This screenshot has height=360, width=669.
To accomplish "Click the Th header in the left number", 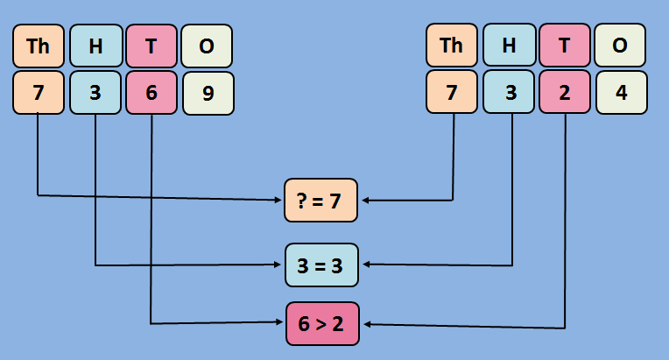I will pos(39,46).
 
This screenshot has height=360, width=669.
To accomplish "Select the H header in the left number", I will pos(95,46).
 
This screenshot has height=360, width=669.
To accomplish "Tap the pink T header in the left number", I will pos(151,46).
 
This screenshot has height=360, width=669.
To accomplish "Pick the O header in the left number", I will pos(208,46).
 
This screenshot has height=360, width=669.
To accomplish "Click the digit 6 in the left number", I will pos(151,93).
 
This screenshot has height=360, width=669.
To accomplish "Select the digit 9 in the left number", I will pos(208,93).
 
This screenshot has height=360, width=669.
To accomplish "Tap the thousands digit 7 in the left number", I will pos(39,93).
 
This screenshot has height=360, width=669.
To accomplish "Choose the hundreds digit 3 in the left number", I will pos(95,93).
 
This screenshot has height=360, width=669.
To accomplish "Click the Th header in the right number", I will pos(452,46).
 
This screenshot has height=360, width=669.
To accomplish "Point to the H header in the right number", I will pos(509,46).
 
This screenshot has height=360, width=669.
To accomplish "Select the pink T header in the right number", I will pos(565,46).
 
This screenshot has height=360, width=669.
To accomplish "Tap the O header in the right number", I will pos(621,46).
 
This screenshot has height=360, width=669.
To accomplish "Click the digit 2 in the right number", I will pos(565,93).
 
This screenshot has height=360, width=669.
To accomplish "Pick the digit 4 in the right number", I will pos(621,93).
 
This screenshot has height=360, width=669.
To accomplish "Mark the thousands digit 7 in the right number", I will pos(452,93).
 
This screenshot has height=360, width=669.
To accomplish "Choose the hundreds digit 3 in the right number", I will pos(509,93).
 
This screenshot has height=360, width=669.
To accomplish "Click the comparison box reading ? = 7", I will pos(321,201).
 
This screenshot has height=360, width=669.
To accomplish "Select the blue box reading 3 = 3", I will pos(321,265).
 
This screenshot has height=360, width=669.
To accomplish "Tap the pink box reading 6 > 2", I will pos(321,324).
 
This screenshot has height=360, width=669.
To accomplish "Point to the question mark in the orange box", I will pos(304,201).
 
